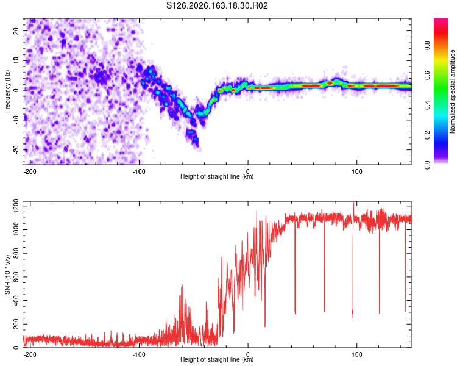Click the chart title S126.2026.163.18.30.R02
217,5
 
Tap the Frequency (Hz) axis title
7,91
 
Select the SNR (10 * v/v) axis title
7,274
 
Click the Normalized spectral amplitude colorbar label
452,91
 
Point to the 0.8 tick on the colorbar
427,46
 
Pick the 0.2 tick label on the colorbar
427,135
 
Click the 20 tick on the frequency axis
16,30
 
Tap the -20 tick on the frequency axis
16,149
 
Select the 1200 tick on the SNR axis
16,206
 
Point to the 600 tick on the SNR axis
16,277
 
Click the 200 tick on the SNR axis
16,325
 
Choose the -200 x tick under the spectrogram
29,171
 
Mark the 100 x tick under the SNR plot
356,354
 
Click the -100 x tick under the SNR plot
139,354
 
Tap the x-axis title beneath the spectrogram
217,176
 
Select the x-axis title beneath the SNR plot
217,359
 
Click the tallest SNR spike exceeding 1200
353,203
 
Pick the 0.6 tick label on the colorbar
427,75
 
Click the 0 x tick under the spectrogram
248,171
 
